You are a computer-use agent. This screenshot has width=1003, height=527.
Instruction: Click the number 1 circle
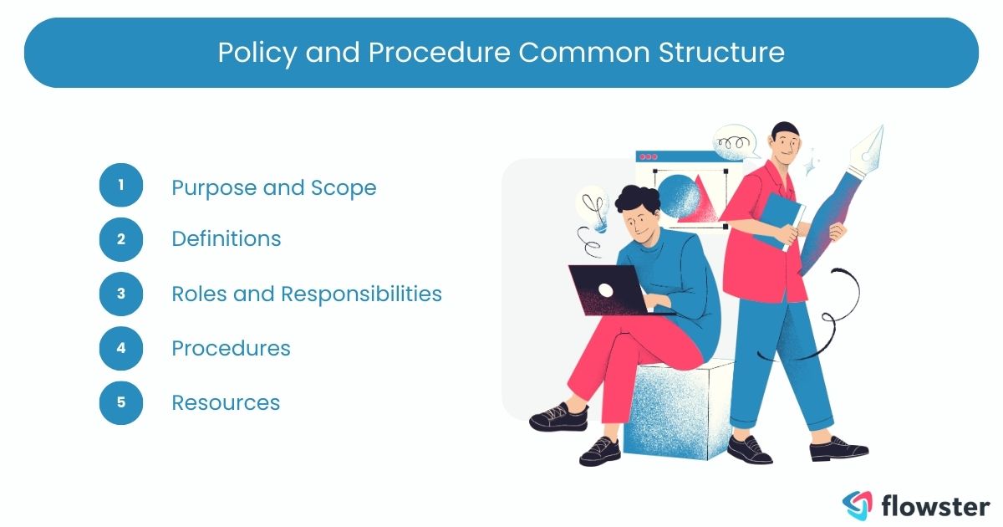tap(121, 185)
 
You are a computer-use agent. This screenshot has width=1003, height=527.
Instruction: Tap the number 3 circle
tap(121, 294)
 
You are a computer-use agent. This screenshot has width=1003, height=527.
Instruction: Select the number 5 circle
tap(121, 402)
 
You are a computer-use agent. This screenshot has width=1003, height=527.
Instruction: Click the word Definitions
tap(226, 238)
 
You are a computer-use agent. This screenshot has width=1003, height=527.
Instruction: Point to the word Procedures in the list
tap(231, 348)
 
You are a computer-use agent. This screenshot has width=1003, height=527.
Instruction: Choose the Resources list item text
tap(226, 402)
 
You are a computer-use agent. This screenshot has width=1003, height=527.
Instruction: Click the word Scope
tap(344, 187)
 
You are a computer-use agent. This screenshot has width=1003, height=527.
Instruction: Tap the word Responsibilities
tap(361, 294)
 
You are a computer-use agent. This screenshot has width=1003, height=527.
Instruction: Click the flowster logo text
tap(935, 505)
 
